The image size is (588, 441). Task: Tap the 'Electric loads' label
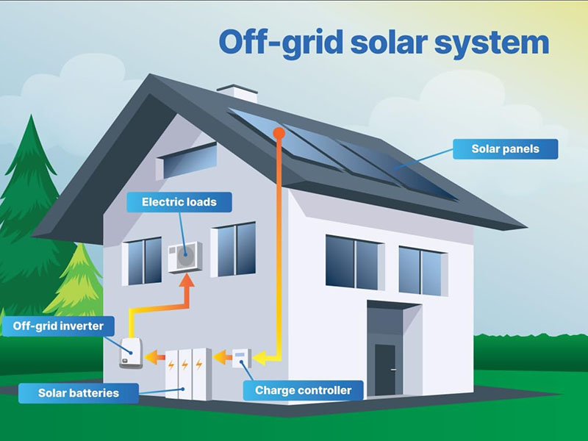(x=179, y=201)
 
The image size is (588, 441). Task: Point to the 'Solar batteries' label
(x=78, y=393)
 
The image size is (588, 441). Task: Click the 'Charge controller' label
(x=304, y=390)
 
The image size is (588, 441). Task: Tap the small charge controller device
(x=241, y=358)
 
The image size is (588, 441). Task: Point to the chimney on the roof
(x=237, y=93)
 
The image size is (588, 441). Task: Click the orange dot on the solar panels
(x=278, y=132)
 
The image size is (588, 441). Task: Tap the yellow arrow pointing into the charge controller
(x=262, y=359)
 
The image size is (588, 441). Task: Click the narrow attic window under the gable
(x=190, y=161)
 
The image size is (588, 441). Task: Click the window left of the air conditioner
(x=144, y=260)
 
